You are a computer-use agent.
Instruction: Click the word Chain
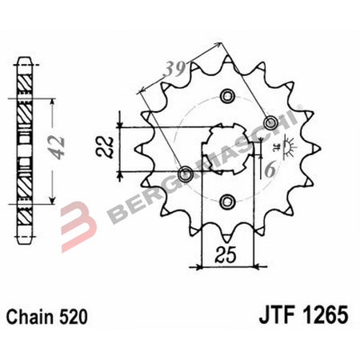32,317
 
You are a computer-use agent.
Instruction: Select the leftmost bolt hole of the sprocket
186,172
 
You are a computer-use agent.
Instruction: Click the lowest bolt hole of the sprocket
226,200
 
